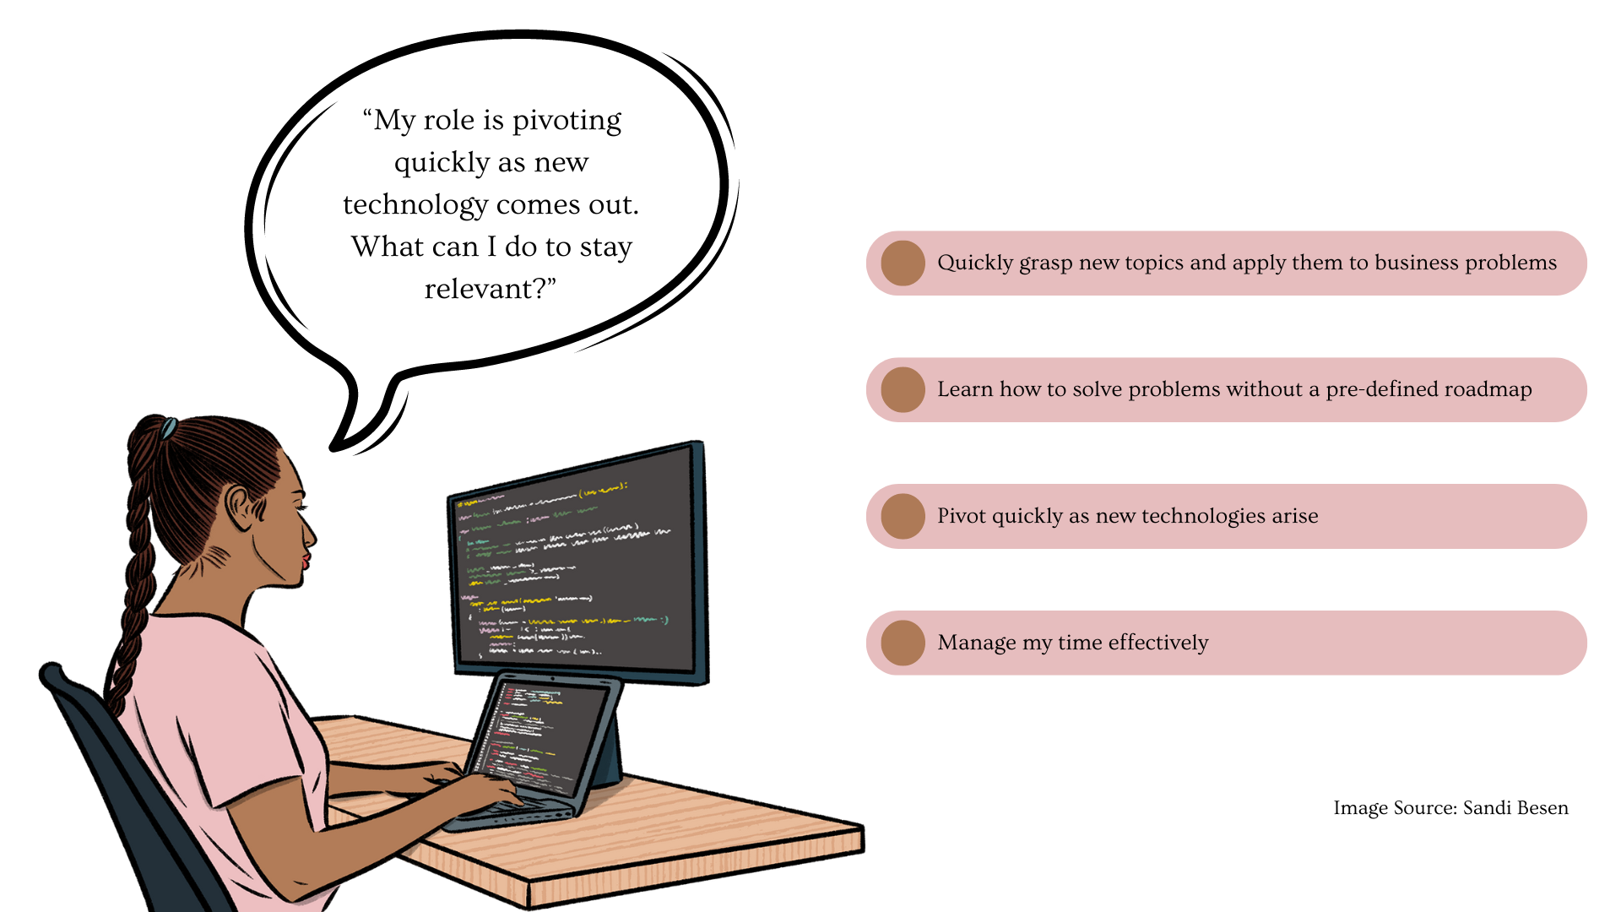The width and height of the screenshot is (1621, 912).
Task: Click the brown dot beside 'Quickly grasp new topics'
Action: click(903, 263)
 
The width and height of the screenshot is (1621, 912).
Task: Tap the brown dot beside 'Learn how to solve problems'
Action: click(903, 389)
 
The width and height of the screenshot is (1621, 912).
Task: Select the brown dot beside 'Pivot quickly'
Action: click(903, 516)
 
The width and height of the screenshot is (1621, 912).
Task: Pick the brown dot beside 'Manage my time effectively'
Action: click(903, 643)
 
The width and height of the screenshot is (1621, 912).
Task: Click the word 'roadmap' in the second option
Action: click(1488, 389)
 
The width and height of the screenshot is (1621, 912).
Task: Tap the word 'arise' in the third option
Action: click(1290, 516)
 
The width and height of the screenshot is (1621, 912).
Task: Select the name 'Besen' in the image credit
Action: click(1542, 808)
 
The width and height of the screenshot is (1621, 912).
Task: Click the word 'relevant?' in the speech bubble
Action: click(491, 289)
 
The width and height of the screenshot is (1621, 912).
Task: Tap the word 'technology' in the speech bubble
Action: click(415, 205)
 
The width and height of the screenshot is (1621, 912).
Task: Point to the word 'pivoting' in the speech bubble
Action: click(567, 121)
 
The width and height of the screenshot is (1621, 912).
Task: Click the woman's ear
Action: click(241, 508)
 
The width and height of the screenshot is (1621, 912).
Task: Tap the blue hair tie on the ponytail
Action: click(169, 428)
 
